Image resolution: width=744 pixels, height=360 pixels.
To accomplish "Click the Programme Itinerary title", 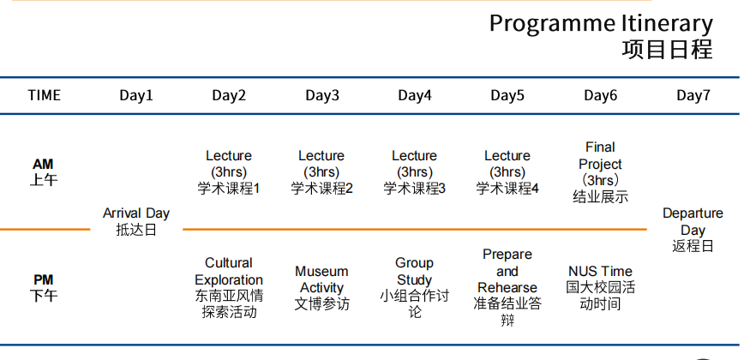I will tap(600, 23).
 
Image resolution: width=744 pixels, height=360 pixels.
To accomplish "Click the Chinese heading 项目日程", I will tap(667, 50).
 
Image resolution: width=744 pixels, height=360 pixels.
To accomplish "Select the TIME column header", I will tap(45, 95).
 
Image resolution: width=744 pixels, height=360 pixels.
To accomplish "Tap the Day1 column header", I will tap(136, 95).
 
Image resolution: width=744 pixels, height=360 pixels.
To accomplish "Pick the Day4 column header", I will tap(415, 95).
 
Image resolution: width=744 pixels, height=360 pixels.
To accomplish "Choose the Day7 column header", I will tap(693, 95).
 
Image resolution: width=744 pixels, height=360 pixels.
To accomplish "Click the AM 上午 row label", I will tap(44, 171).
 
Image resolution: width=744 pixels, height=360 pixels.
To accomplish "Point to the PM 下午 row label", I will tap(44, 287).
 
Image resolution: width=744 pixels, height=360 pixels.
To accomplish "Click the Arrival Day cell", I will tap(136, 221).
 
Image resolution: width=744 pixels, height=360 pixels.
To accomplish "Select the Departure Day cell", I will tap(693, 229).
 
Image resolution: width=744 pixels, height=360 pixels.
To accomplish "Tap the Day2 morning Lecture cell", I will tap(229, 171).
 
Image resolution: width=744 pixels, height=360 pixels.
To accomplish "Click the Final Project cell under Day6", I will tap(600, 171).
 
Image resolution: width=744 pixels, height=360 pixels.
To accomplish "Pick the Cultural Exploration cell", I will tap(229, 287).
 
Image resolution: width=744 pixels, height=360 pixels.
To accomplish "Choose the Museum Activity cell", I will tap(322, 287).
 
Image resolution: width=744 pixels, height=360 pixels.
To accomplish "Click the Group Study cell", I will tap(415, 287).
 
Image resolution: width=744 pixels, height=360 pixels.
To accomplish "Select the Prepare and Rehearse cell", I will tap(507, 287).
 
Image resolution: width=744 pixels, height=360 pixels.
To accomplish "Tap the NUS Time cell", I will tap(600, 287).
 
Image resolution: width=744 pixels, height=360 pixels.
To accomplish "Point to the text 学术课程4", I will tap(507, 189).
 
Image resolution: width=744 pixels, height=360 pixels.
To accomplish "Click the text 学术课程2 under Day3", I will tap(322, 189).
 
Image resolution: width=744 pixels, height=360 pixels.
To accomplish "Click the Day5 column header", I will tap(507, 95).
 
